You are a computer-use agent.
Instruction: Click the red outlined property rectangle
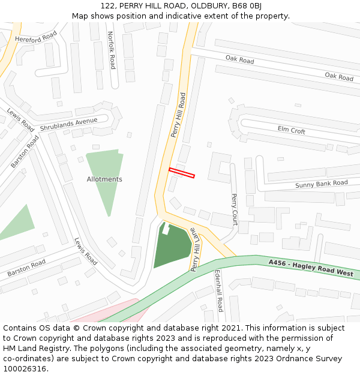coord(182,173)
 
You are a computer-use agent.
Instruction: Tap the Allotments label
coord(104,179)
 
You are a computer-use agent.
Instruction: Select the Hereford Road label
coord(35,39)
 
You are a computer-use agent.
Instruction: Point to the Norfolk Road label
coord(111,50)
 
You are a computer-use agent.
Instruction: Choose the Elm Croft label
coord(292,130)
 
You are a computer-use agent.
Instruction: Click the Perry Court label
coord(235,209)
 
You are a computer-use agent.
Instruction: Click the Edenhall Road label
coord(219,291)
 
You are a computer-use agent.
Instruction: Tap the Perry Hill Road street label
coord(178,115)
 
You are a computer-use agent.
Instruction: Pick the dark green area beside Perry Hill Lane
coord(173,247)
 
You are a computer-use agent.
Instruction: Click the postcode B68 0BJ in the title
coord(247,6)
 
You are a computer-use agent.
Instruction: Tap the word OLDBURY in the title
coord(207,6)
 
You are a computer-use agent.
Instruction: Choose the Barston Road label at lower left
coord(26,268)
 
